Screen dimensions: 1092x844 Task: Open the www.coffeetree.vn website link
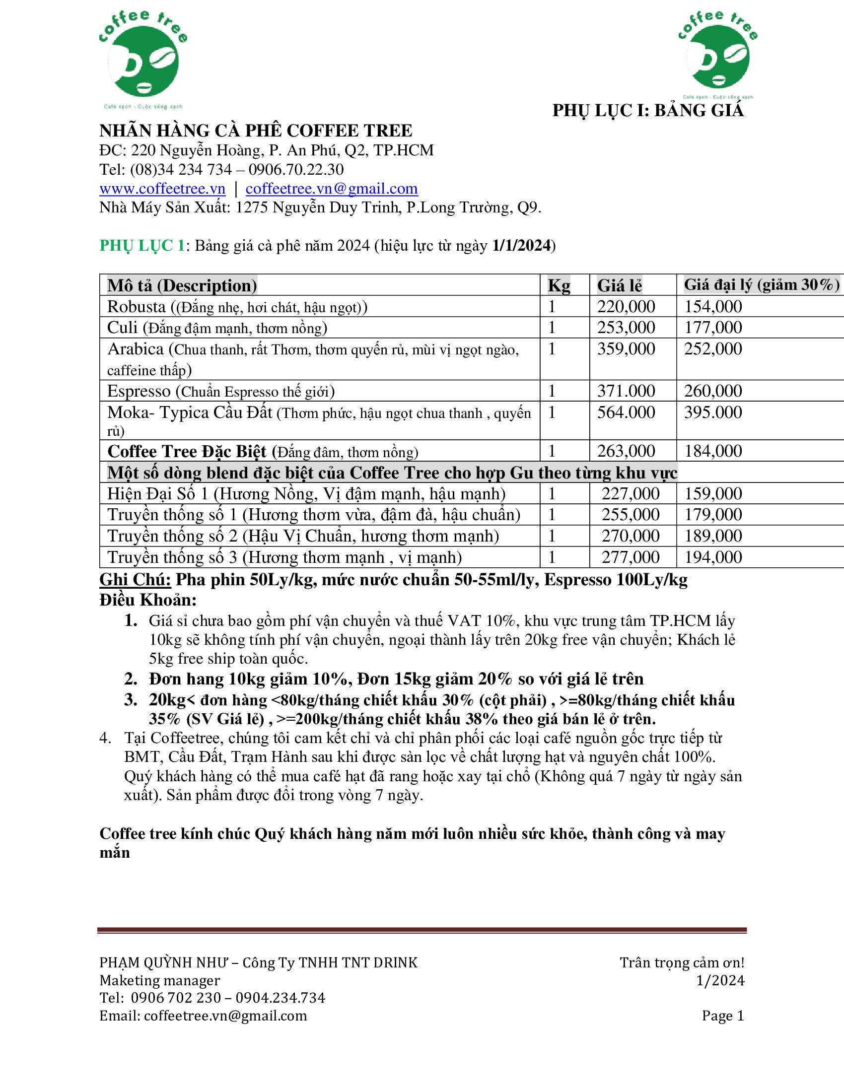[162, 189]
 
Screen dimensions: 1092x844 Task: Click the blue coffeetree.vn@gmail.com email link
[332, 189]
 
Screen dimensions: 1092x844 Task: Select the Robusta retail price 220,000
[626, 306]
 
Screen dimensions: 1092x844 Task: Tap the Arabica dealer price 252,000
[713, 348]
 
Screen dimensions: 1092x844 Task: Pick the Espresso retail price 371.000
[626, 391]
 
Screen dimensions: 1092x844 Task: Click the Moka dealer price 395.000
[713, 412]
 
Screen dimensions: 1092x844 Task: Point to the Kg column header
[559, 285]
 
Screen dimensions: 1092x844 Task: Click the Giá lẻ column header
[620, 285]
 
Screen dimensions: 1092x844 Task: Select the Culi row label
[122, 328]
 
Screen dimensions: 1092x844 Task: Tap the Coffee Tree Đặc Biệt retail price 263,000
[626, 451]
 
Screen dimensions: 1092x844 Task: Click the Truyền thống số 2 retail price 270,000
[631, 536]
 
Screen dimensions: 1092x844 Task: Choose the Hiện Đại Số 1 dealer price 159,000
[713, 494]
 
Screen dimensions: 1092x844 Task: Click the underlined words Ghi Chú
[136, 579]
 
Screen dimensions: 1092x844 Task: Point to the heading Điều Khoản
[148, 600]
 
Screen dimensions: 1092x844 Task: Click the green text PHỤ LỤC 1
[142, 246]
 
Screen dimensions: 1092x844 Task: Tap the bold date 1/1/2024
[521, 246]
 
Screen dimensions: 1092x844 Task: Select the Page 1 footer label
[723, 1016]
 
